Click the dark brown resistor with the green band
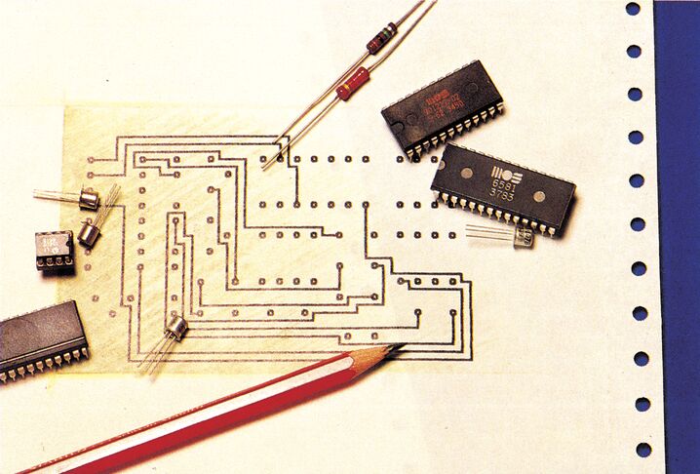click(x=381, y=38)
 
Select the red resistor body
click(x=352, y=84)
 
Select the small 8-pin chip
click(x=55, y=249)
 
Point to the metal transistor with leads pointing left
click(x=88, y=199)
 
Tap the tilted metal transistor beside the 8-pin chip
click(x=90, y=233)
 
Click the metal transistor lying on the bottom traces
click(x=175, y=327)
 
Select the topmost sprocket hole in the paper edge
click(x=633, y=9)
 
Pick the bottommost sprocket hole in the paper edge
click(x=643, y=450)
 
